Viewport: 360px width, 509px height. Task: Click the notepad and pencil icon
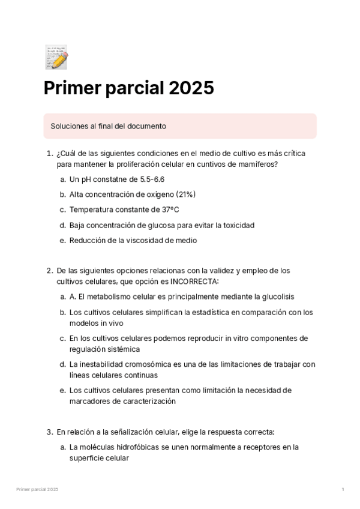coord(56,56)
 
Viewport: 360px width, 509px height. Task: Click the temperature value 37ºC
coord(169,209)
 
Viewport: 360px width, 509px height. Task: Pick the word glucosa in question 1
coord(166,225)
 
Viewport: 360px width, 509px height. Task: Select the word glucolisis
coord(275,297)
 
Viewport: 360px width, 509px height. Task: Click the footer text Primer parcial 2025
coord(37,490)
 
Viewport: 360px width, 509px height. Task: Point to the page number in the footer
coord(343,490)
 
